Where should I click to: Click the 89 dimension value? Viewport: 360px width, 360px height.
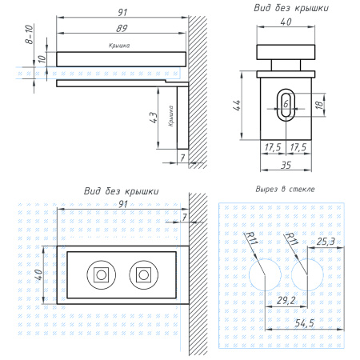[122, 28]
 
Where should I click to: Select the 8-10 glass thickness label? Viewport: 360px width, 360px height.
[30, 34]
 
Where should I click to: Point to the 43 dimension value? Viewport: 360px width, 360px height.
[154, 118]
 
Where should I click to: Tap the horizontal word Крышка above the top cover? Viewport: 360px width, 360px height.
[119, 46]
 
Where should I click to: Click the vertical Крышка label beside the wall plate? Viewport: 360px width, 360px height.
[170, 116]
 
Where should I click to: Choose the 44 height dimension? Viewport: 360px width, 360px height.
[237, 106]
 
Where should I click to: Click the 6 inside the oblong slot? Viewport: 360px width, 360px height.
[286, 103]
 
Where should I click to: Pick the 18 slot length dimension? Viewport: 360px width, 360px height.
[319, 104]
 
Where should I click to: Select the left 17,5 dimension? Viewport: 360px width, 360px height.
[273, 147]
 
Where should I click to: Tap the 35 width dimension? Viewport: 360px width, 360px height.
[286, 165]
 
